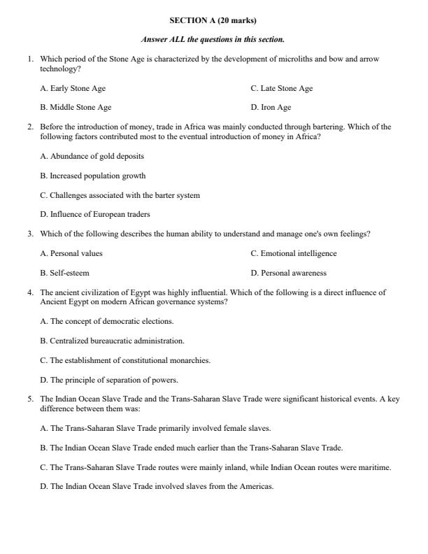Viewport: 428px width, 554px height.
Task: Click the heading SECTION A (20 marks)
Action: coord(213,21)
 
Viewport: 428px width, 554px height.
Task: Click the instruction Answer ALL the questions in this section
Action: coord(213,40)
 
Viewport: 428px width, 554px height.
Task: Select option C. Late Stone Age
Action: coord(281,89)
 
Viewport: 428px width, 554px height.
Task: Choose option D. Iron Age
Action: coord(271,108)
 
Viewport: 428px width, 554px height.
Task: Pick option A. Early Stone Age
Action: coord(73,89)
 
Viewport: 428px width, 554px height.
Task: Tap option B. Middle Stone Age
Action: coord(76,108)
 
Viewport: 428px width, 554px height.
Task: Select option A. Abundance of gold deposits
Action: coord(92,156)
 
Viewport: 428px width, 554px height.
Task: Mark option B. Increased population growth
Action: coord(92,176)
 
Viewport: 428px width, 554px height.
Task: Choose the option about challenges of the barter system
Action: coord(120,195)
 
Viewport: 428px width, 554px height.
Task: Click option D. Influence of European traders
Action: coord(95,214)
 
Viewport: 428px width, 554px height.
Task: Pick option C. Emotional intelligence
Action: coord(293,253)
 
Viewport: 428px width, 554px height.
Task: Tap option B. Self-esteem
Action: coord(64,273)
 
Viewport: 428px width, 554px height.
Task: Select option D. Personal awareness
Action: coord(288,273)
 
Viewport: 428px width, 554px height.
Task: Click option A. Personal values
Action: coord(71,253)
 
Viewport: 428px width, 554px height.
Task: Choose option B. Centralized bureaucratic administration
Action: coord(112,341)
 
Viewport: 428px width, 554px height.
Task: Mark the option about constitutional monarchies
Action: coord(125,360)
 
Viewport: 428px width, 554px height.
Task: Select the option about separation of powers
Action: coord(109,380)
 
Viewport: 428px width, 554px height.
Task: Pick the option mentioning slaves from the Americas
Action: coord(157,486)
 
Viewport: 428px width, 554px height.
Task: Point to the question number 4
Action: coord(30,292)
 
